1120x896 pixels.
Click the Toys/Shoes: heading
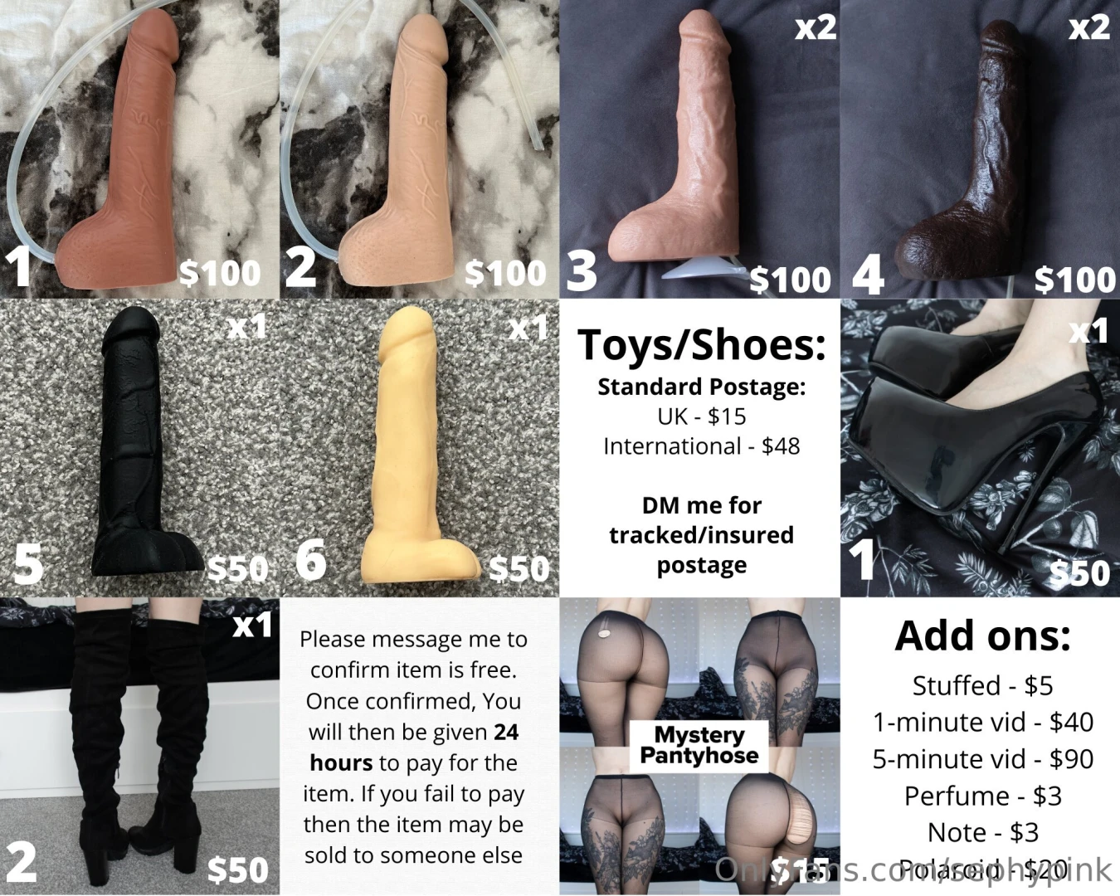[701, 345]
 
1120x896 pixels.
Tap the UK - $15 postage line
[701, 416]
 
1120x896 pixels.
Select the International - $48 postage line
[701, 446]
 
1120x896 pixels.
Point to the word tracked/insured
[701, 535]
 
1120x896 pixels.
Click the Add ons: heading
[982, 636]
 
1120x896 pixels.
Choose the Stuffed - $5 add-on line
[982, 686]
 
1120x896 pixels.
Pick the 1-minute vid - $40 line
[982, 723]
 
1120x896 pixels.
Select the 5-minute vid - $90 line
[982, 759]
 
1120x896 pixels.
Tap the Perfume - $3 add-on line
[982, 796]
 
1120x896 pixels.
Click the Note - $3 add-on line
[982, 832]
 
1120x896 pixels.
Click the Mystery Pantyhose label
[699, 744]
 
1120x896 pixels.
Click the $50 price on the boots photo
[237, 869]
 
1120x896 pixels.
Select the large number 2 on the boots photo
[22, 863]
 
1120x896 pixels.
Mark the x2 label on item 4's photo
[1088, 28]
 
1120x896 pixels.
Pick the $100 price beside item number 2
[505, 273]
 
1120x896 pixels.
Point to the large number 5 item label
[28, 564]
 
